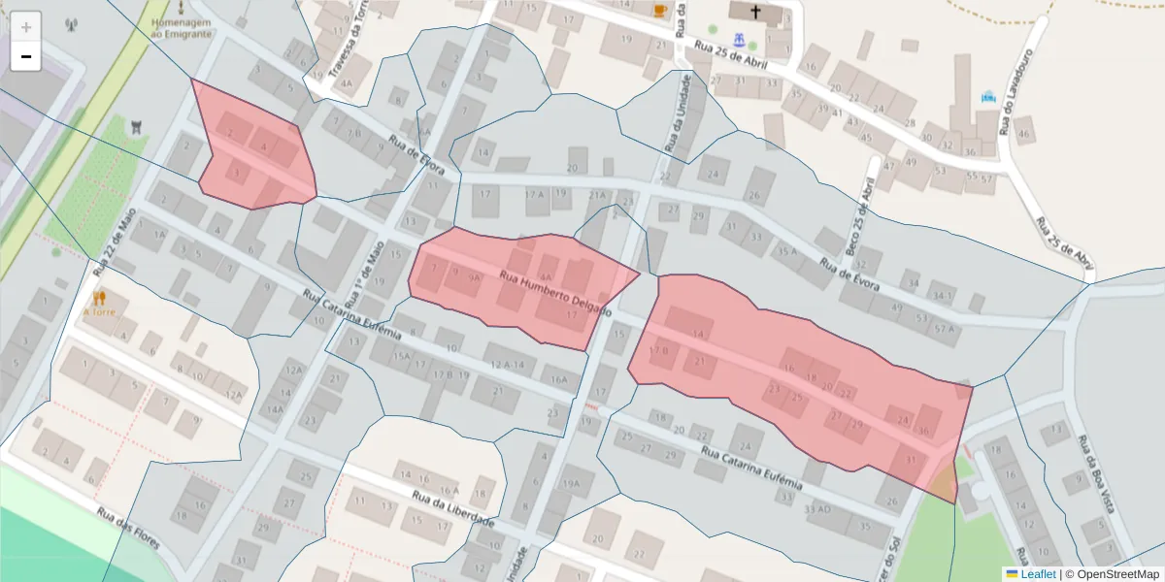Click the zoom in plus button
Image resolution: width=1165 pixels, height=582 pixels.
26,27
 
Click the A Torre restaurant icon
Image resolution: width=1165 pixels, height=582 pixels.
99,298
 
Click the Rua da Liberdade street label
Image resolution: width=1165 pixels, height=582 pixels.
453,510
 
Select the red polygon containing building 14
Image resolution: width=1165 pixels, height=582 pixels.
796,378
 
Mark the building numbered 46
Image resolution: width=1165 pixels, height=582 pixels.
1023,132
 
